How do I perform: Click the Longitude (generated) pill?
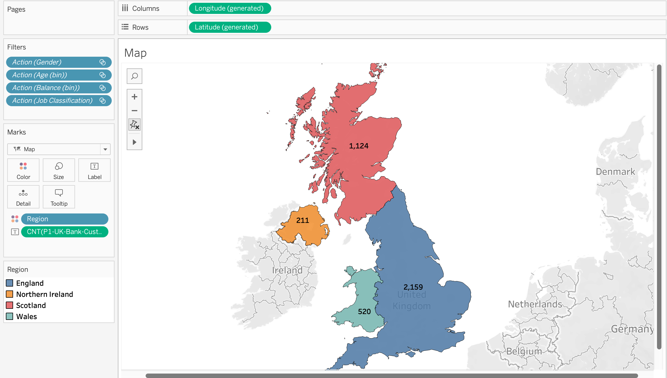[230, 8]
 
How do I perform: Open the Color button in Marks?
[23, 170]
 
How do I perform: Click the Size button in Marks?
[59, 170]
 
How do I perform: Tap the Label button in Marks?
[94, 170]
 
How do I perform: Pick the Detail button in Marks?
[23, 197]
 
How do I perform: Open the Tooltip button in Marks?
[59, 197]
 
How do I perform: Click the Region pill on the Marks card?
[64, 219]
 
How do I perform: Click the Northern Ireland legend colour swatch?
[10, 294]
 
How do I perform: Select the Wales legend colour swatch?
[10, 316]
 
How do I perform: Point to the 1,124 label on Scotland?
[359, 146]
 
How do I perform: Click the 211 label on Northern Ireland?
[302, 220]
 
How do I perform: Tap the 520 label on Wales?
[364, 312]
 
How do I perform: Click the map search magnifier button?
[135, 76]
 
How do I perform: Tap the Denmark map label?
[615, 172]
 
